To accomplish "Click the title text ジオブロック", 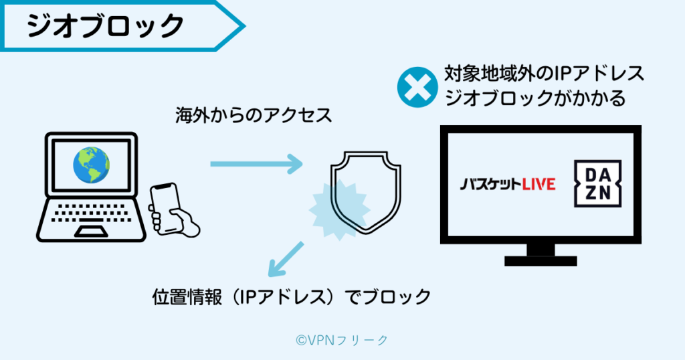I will [105, 26].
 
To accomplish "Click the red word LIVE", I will [539, 184].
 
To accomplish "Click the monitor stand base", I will [540, 259].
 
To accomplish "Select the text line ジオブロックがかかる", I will [535, 99].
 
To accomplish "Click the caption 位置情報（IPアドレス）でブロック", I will [291, 296].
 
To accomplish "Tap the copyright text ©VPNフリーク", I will [342, 340].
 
